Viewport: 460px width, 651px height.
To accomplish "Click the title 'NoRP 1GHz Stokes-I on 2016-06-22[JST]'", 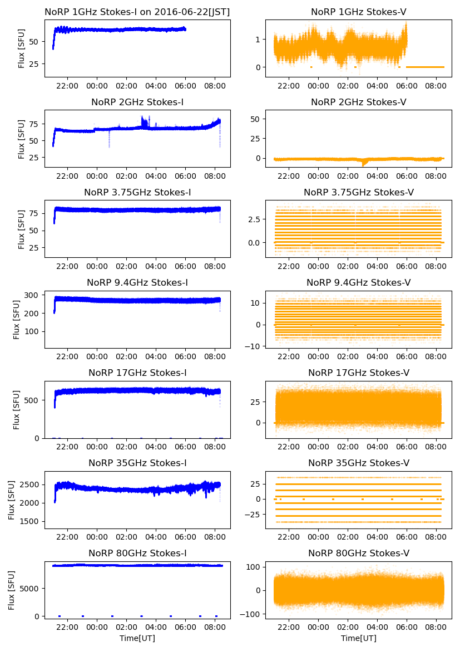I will tap(137, 12).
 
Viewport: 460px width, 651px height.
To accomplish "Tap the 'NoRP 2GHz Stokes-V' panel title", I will tap(359, 102).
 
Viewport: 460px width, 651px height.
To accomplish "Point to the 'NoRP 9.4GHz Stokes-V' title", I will tap(359, 282).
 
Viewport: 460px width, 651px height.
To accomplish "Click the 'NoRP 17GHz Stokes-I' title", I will tap(137, 373).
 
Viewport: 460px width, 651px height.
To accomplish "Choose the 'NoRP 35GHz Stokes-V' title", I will tap(359, 463).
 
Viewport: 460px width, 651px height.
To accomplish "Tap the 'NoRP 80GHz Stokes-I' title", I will tap(137, 553).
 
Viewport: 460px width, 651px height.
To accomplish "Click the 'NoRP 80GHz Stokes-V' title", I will tap(359, 553).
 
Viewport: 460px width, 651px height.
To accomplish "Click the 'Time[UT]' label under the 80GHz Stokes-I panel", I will tap(137, 638).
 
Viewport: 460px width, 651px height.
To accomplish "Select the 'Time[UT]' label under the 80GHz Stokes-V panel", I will tap(359, 638).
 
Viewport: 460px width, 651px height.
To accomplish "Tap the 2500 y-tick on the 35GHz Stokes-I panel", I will tap(30, 484).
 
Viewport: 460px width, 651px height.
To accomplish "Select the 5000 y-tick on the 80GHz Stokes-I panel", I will tap(30, 588).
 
